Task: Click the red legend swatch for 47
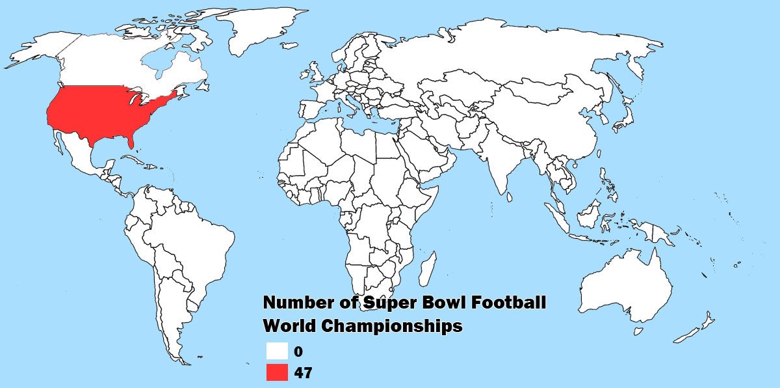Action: point(277,372)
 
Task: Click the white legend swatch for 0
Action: point(277,351)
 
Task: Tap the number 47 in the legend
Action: point(303,373)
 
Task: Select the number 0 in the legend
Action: point(298,352)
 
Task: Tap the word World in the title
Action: point(287,326)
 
